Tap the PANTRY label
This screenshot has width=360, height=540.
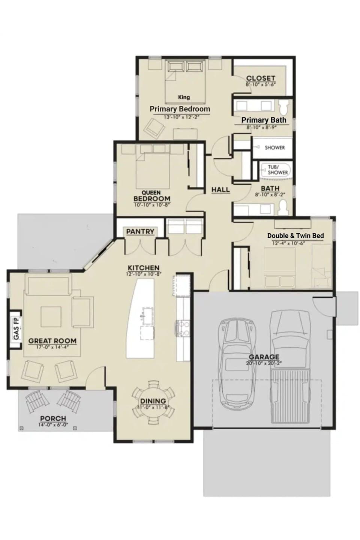click(x=140, y=231)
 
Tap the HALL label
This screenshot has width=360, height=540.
click(x=220, y=189)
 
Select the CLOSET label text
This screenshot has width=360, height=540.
click(x=261, y=78)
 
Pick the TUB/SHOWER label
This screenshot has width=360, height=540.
click(x=278, y=170)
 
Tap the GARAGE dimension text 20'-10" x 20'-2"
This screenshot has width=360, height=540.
click(x=264, y=363)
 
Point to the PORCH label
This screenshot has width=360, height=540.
click(x=53, y=418)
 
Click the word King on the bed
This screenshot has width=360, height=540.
click(x=184, y=97)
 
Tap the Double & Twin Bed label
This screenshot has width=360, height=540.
click(x=295, y=235)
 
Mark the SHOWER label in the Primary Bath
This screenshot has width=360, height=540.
click(x=274, y=147)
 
